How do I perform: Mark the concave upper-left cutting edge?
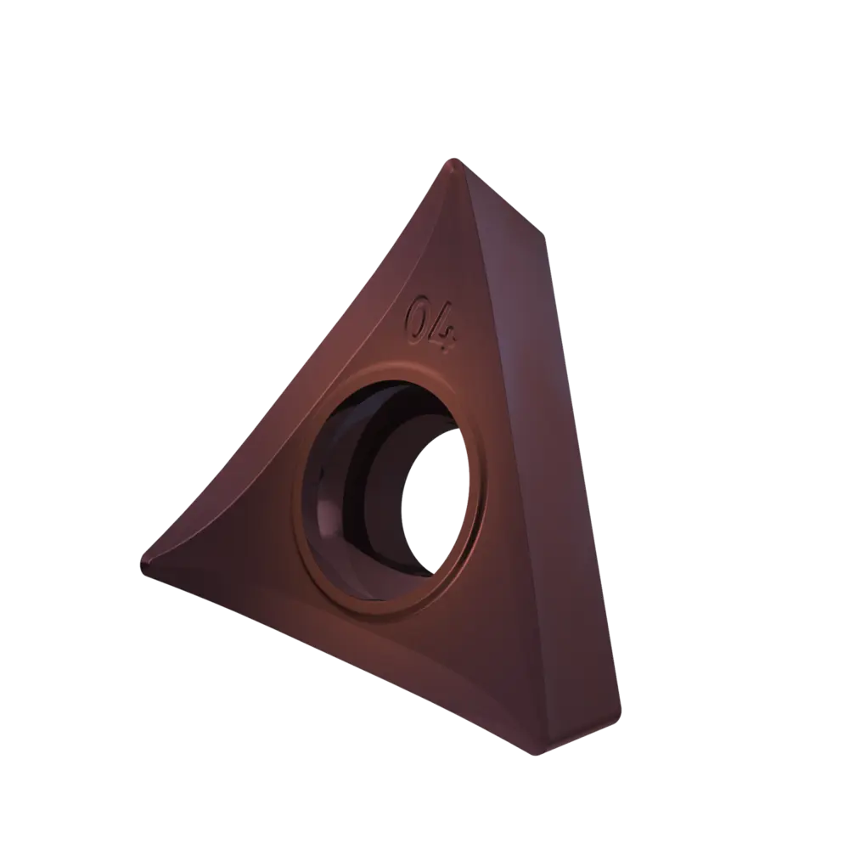325,346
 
